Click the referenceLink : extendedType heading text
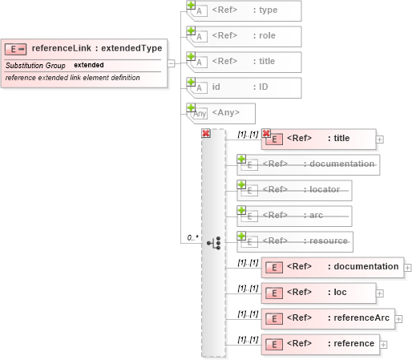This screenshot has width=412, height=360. [96, 48]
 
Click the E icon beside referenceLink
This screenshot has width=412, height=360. [16, 49]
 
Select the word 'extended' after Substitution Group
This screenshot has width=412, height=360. [88, 64]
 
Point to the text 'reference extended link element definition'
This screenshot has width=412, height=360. [72, 78]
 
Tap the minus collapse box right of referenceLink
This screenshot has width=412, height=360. [170, 63]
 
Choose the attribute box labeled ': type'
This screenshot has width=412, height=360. [245, 11]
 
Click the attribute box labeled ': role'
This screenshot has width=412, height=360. [245, 37]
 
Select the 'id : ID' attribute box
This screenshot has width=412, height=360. [245, 88]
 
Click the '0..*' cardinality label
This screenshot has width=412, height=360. [192, 238]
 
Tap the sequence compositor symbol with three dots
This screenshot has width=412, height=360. [214, 242]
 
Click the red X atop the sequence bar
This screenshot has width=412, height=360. [206, 133]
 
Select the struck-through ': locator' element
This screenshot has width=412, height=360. [295, 190]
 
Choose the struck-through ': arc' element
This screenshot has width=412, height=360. [295, 216]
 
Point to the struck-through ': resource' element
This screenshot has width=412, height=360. [295, 241]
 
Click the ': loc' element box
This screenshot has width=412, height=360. [319, 293]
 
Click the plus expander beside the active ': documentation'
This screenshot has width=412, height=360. [408, 268]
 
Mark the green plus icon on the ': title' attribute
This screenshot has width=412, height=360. [191, 57]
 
